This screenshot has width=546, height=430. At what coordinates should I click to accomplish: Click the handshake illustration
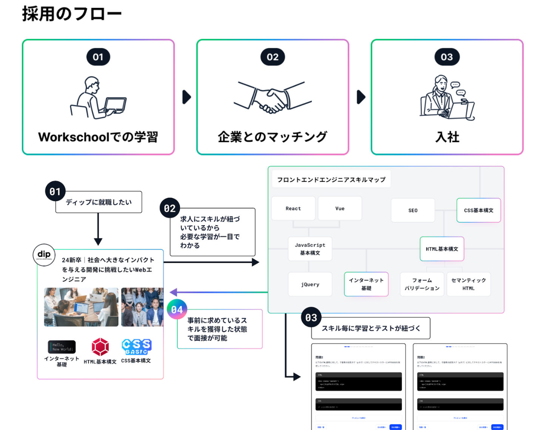(273, 97)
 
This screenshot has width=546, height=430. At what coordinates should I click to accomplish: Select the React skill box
(293, 208)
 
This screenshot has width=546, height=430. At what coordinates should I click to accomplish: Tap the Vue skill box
(340, 208)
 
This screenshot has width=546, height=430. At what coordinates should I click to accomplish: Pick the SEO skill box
(413, 210)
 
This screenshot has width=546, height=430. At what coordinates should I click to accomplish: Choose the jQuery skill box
(310, 284)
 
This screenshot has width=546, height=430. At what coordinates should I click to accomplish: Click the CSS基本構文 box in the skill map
(478, 210)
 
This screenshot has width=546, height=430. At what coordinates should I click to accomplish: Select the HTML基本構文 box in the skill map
(442, 249)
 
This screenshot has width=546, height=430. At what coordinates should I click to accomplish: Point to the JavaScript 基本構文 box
(310, 249)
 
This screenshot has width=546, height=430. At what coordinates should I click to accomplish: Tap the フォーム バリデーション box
(422, 284)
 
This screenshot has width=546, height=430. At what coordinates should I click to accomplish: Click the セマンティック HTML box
(468, 284)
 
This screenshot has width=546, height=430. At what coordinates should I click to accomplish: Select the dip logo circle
(44, 255)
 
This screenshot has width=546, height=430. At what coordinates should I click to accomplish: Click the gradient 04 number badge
(177, 309)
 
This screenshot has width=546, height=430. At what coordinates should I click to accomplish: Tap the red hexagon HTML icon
(100, 347)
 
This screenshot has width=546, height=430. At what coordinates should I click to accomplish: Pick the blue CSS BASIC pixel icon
(136, 346)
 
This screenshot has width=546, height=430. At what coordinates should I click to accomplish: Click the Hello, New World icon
(62, 347)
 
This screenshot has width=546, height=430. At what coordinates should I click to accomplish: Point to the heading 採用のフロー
(72, 14)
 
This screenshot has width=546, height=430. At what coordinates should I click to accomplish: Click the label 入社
(447, 137)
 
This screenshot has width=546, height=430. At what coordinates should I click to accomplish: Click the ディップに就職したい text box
(99, 202)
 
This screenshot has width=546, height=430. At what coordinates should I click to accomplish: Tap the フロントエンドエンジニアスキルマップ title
(331, 180)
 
